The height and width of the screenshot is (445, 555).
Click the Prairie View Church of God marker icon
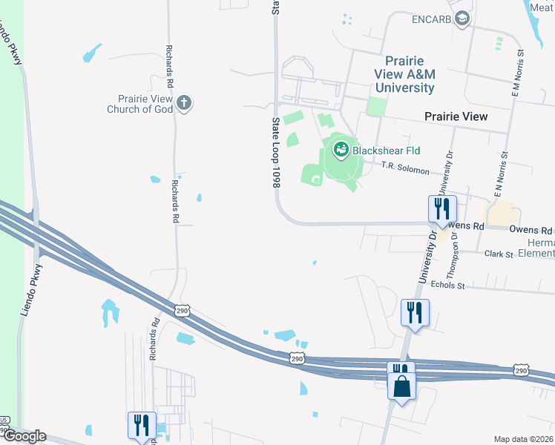184,103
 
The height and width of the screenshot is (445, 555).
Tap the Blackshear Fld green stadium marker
341,151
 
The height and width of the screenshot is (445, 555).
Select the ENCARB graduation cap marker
462,18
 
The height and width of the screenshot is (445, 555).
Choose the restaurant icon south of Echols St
414,311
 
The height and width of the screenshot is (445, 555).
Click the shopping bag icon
401,386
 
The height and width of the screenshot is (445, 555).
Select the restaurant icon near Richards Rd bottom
140,424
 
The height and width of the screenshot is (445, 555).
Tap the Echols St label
447,285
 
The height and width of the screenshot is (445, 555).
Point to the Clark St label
499,254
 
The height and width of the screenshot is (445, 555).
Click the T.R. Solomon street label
405,170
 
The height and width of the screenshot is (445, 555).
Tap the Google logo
24,436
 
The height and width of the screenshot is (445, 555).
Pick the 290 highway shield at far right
521,370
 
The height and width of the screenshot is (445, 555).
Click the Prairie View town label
456,116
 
